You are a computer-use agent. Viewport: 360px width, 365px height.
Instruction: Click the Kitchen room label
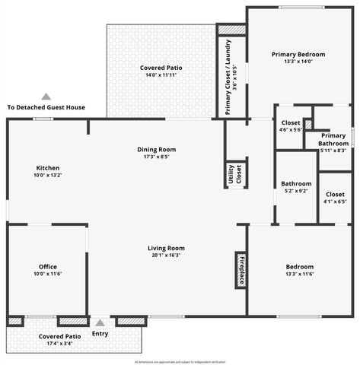pyautogui.click(x=47, y=171)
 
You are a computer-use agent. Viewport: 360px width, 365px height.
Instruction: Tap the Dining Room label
pyautogui.click(x=157, y=153)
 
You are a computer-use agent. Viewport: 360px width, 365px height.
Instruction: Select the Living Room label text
pyautogui.click(x=166, y=252)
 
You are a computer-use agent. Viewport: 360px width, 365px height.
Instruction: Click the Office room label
pyautogui.click(x=47, y=271)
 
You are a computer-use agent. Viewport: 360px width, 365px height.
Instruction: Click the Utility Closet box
pyautogui.click(x=234, y=175)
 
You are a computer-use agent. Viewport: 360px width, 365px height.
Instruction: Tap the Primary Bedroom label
pyautogui.click(x=298, y=58)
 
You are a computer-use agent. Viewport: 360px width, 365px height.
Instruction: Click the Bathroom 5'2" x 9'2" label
pyautogui.click(x=296, y=187)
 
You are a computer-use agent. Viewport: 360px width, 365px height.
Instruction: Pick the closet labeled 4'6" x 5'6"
pyautogui.click(x=291, y=125)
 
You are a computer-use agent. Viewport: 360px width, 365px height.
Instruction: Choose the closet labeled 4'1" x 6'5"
pyautogui.click(x=334, y=198)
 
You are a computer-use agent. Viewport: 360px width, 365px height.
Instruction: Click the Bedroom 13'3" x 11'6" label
pyautogui.click(x=299, y=271)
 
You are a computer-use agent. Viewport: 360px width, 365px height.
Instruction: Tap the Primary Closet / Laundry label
pyautogui.click(x=231, y=76)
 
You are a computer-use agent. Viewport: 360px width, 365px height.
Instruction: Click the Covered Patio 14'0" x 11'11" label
pyautogui.click(x=161, y=71)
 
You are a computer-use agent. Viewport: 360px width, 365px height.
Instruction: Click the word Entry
pyautogui.click(x=100, y=334)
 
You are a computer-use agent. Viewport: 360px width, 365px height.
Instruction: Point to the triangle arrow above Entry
pyautogui.click(x=99, y=323)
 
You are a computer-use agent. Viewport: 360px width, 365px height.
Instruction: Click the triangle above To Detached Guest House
pyautogui.click(x=46, y=97)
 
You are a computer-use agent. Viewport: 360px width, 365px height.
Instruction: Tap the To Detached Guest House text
pyautogui.click(x=46, y=108)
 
